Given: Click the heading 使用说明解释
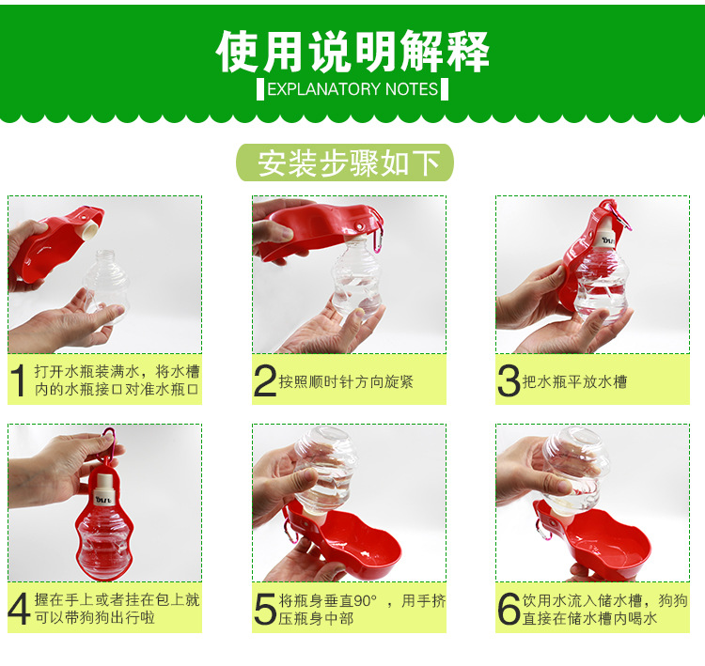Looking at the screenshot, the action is click(x=352, y=52).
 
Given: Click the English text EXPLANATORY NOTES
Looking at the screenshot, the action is click(x=352, y=89).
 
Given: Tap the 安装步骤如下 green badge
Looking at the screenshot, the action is click(x=345, y=163).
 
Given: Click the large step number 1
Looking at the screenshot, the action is click(x=19, y=380).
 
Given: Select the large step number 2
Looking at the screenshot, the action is click(x=265, y=380).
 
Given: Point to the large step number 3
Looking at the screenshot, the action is click(x=509, y=380).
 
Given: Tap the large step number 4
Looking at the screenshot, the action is click(x=20, y=609).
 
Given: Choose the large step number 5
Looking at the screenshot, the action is click(x=265, y=609).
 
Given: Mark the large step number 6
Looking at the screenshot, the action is click(x=509, y=609).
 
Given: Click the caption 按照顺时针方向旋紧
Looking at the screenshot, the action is click(x=346, y=381).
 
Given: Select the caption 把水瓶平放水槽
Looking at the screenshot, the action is click(x=574, y=381).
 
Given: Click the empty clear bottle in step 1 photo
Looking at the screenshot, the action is click(x=106, y=286).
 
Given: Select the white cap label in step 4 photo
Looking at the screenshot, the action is click(x=104, y=499).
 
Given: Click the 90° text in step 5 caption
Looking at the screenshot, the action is click(x=365, y=600).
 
